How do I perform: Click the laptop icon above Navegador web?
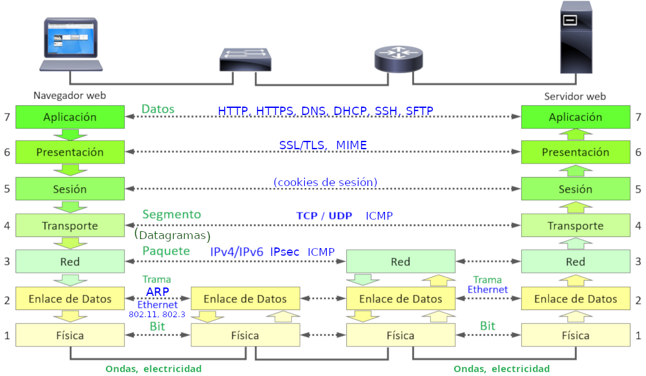70,45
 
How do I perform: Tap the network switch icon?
245,60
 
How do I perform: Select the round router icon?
400,59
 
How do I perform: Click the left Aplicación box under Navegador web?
70,117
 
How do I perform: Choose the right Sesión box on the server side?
575,189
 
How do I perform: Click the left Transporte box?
70,225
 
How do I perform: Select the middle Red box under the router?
401,262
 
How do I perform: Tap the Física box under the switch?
245,335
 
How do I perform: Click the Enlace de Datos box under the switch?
245,298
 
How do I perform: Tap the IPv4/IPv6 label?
236,251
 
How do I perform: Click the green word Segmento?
171,214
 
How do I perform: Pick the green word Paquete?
166,251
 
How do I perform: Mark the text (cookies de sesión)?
325,182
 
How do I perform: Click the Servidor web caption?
575,96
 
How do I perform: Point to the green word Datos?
158,109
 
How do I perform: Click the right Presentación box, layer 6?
575,152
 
